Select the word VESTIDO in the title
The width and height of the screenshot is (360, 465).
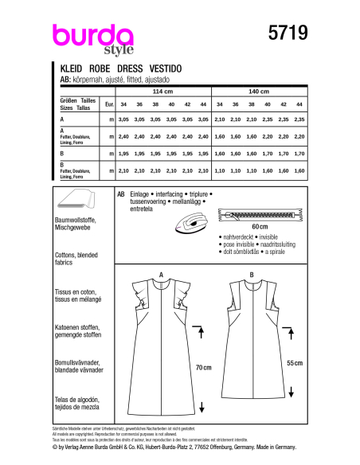pyautogui.click(x=174, y=69)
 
